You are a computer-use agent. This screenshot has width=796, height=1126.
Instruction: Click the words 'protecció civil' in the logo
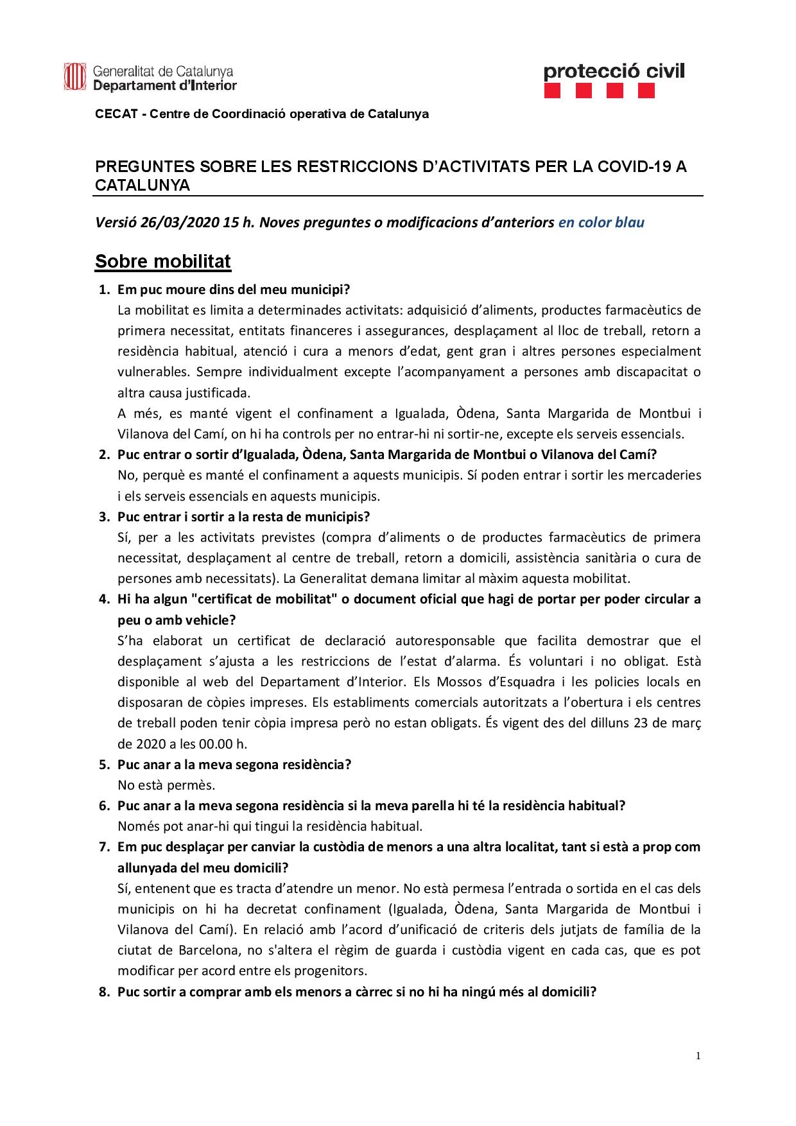pyautogui.click(x=614, y=71)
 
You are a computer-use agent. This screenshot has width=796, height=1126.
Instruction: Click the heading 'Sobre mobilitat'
pyautogui.click(x=163, y=262)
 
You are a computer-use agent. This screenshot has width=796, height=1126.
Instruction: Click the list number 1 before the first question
pyautogui.click(x=103, y=290)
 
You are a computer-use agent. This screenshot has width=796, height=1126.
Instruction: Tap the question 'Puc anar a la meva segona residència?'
pyautogui.click(x=234, y=765)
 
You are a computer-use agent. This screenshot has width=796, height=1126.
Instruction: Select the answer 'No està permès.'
pyautogui.click(x=166, y=785)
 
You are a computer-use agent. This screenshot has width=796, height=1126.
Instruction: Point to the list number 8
pyautogui.click(x=103, y=992)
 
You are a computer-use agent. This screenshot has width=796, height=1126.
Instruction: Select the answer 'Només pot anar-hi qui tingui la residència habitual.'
pyautogui.click(x=270, y=826)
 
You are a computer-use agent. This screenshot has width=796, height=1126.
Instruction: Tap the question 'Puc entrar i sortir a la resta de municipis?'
pyautogui.click(x=243, y=517)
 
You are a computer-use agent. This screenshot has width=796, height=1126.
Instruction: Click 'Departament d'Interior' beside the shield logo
pyautogui.click(x=165, y=85)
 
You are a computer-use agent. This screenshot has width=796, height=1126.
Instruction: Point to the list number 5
pyautogui.click(x=103, y=765)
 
